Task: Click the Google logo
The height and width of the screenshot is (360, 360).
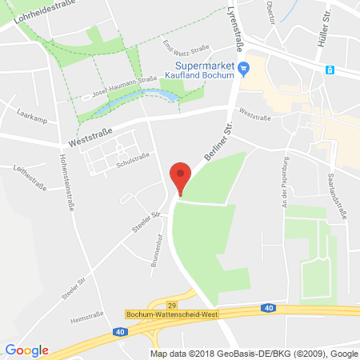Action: (x=27, y=350)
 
